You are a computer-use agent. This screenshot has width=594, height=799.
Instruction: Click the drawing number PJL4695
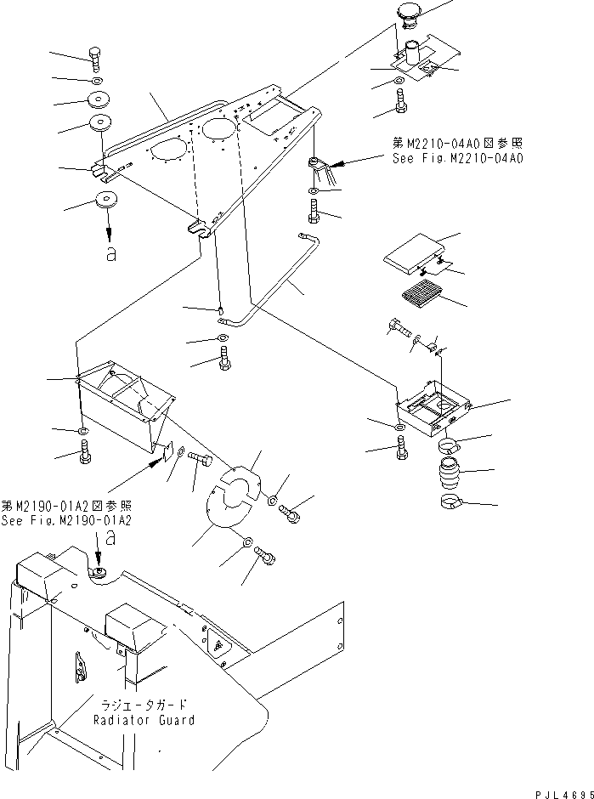[564, 794]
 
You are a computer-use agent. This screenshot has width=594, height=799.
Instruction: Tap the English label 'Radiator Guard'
[144, 720]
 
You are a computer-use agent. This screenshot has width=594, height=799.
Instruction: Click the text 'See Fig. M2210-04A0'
[457, 158]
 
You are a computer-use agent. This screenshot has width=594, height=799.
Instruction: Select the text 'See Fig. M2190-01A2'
[66, 520]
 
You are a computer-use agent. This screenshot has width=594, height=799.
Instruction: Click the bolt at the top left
[95, 60]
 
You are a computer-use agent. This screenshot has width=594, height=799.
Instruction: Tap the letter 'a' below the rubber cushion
[110, 253]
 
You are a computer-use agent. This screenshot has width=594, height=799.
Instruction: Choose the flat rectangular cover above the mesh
[414, 252]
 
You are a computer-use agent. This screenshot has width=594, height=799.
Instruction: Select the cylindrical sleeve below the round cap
[413, 54]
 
